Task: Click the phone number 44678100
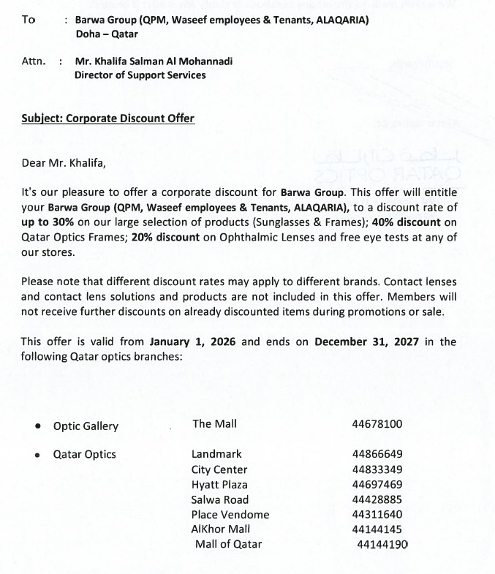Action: pyautogui.click(x=377, y=424)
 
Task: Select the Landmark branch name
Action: pyautogui.click(x=216, y=454)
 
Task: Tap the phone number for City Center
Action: pyautogui.click(x=377, y=469)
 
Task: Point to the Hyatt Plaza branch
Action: pyautogui.click(x=219, y=485)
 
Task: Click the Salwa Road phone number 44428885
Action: pyautogui.click(x=377, y=500)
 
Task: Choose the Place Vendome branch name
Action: pyautogui.click(x=230, y=515)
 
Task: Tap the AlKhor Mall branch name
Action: pyautogui.click(x=220, y=529)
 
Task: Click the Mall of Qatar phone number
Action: pyautogui.click(x=382, y=545)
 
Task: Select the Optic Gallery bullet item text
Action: pyautogui.click(x=86, y=426)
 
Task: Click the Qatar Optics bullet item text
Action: pyautogui.click(x=85, y=455)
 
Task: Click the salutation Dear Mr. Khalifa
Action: pyautogui.click(x=64, y=163)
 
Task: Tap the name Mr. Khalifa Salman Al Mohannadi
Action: pyautogui.click(x=154, y=61)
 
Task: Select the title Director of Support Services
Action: pyautogui.click(x=140, y=75)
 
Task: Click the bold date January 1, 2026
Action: pyautogui.click(x=193, y=341)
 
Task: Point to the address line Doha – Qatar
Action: pyautogui.click(x=106, y=34)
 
